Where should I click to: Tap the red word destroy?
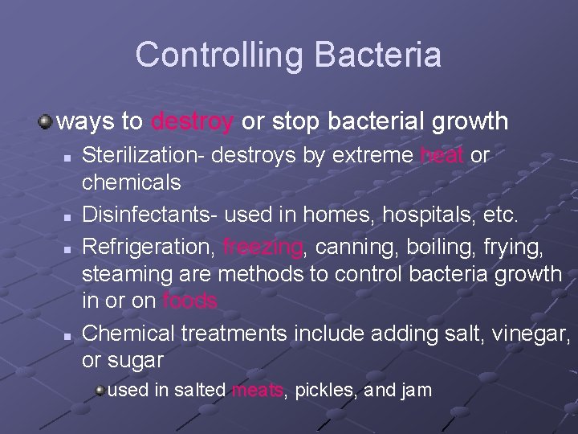192,121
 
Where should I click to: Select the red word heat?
441,155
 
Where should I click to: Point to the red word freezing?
263,245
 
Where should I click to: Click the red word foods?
189,301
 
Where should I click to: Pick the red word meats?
257,391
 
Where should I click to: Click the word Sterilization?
143,155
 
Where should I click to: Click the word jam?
417,391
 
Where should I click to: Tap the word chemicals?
132,183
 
